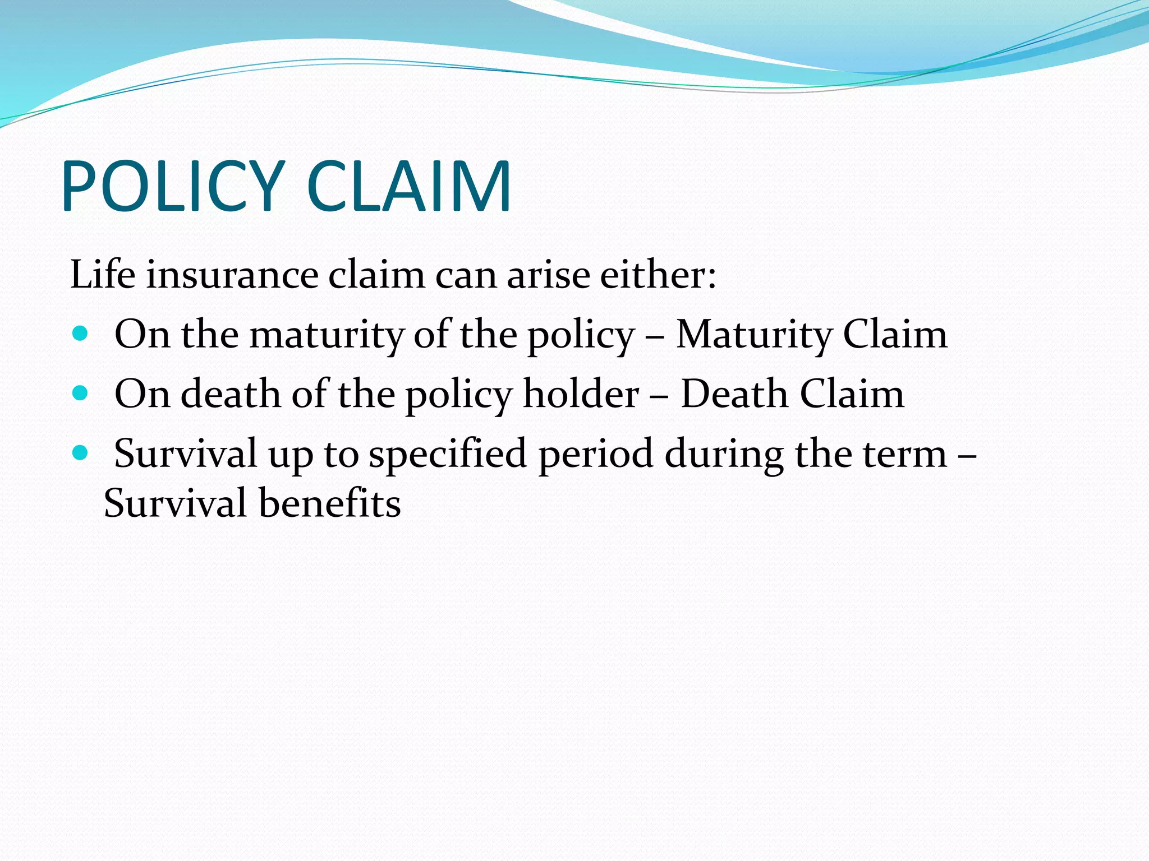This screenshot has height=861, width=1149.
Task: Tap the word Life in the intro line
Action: point(103,275)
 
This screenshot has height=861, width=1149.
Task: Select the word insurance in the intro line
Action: point(232,275)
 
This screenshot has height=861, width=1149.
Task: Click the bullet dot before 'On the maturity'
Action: point(80,334)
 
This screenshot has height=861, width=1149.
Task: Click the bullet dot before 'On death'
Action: point(80,394)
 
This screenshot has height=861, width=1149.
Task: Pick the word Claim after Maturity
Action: point(895,335)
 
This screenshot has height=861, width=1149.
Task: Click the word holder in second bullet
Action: point(581,394)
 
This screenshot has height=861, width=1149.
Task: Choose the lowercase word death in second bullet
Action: point(230,394)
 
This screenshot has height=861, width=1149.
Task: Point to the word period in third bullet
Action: point(595,454)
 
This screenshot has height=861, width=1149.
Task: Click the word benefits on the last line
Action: point(330,503)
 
